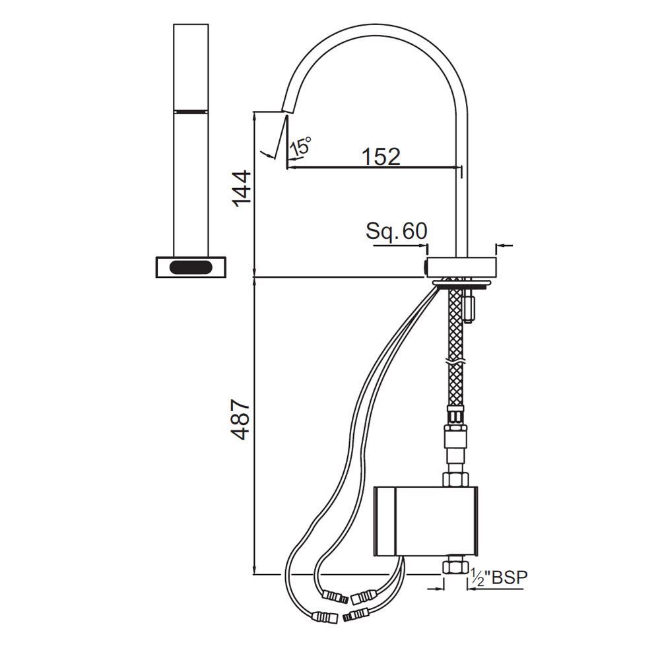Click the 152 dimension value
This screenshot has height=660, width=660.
coord(381,156)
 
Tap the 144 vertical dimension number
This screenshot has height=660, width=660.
coord(242,189)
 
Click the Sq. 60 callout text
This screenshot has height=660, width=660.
coord(396,230)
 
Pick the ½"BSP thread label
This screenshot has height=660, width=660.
coord(498,577)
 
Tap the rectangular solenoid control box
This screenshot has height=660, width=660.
coord(426,521)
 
